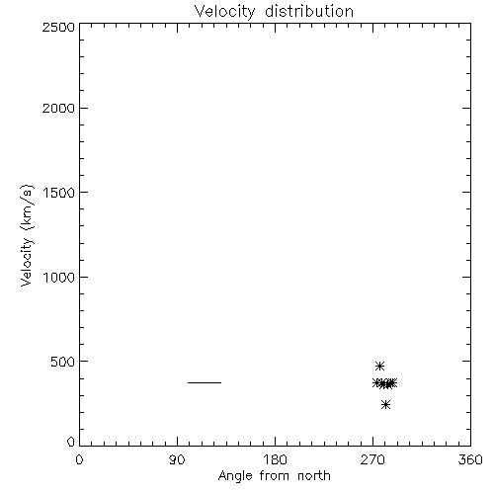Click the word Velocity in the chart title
(x=225, y=12)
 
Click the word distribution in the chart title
(x=309, y=11)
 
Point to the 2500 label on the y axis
(x=58, y=27)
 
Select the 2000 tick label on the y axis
(x=58, y=108)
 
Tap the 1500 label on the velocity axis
(x=59, y=193)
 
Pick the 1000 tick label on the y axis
(x=59, y=278)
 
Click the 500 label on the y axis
(x=63, y=362)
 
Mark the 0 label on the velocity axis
(x=71, y=442)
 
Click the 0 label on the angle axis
(x=79, y=459)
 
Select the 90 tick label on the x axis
(x=177, y=459)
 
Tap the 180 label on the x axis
(x=275, y=459)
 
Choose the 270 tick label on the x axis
(x=372, y=459)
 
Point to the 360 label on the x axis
(x=470, y=459)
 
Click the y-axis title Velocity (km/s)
(x=27, y=235)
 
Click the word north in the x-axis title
(x=314, y=476)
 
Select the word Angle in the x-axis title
(x=235, y=476)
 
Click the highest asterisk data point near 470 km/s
(x=379, y=366)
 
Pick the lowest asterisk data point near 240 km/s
(x=385, y=404)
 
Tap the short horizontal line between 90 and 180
(x=205, y=382)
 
